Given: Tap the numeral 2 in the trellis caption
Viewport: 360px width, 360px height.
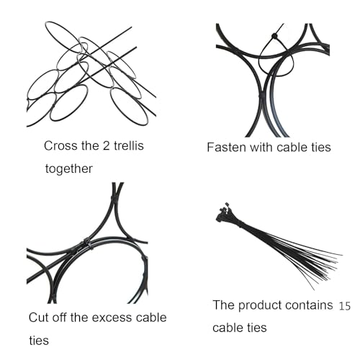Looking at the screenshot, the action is click(106, 145).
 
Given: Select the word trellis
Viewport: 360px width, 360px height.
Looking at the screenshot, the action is click(129, 145).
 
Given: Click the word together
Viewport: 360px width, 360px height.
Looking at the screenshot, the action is click(68, 168).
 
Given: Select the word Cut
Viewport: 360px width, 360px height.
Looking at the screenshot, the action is click(39, 318).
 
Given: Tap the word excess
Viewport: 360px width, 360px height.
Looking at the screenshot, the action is click(112, 318).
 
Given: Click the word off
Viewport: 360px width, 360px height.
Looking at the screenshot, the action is click(60, 318).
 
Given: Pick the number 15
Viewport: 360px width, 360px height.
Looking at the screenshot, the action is click(345, 306).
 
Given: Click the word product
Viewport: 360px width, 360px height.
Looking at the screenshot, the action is click(260, 305).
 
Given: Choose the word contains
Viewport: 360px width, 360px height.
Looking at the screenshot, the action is click(310, 305).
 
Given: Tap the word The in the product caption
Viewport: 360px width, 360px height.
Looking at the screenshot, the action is click(224, 305).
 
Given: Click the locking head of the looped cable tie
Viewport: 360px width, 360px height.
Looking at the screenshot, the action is click(274, 36).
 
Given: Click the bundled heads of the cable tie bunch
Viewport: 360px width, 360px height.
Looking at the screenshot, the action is click(223, 214).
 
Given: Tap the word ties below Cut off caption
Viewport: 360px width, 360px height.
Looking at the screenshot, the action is click(39, 341).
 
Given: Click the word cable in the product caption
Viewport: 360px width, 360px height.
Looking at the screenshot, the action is click(226, 328).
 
